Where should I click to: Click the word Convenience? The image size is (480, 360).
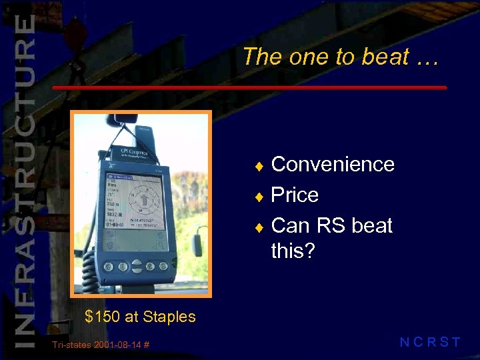[x=333, y=164]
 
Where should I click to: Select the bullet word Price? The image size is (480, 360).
[x=295, y=195]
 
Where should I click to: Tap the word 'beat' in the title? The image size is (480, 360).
[x=385, y=57]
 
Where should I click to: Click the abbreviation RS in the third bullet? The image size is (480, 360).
[x=330, y=225]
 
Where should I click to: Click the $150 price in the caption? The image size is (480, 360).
[x=102, y=317]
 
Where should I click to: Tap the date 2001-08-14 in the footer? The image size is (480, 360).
[x=116, y=344]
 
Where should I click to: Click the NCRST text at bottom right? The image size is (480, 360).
[x=429, y=343]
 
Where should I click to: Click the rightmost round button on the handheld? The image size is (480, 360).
[x=167, y=267]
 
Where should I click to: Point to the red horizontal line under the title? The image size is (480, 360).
[x=249, y=87]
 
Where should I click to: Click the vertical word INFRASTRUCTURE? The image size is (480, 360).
[x=24, y=180]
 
